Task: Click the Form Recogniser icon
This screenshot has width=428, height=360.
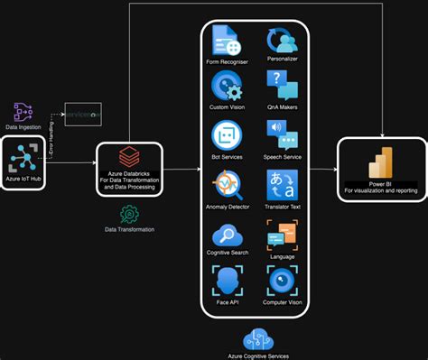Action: [x=226, y=42]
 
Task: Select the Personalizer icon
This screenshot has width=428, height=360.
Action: [x=282, y=42]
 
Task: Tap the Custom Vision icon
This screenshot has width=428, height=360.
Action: [x=226, y=88]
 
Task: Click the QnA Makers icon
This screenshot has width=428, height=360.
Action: [x=282, y=88]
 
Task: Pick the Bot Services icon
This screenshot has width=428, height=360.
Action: [x=226, y=136]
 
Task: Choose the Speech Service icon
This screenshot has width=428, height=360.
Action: [x=282, y=136]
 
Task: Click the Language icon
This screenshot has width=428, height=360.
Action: [x=282, y=235]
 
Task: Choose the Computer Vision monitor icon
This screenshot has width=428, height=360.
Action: [x=282, y=282]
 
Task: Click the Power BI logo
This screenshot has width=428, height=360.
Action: [x=380, y=162]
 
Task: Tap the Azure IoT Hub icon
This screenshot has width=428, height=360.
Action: [x=24, y=159]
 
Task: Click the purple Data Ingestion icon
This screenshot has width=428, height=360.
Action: [x=23, y=112]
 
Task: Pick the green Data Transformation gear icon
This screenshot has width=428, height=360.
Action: [x=129, y=213]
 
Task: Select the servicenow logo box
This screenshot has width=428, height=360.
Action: [x=84, y=116]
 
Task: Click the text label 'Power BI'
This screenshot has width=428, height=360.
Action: [x=380, y=183]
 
